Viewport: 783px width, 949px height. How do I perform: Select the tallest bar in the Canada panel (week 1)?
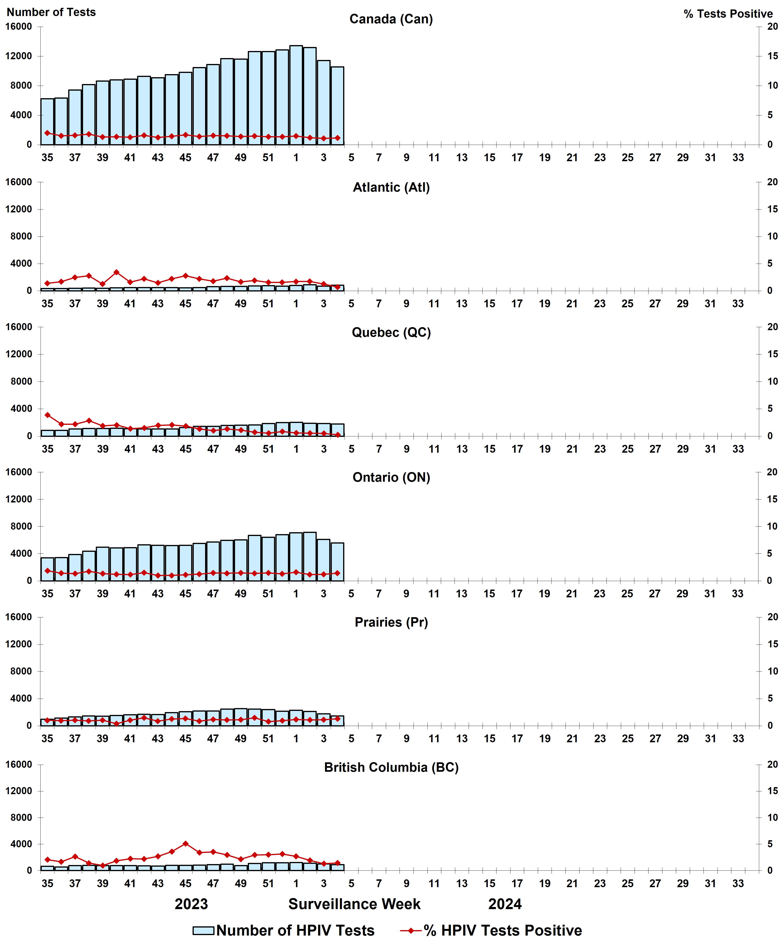[x=296, y=95]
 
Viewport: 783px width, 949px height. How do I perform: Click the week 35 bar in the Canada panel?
[x=47, y=122]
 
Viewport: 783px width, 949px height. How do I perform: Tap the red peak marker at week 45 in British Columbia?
[x=185, y=844]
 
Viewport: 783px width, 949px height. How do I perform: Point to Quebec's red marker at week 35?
[x=47, y=415]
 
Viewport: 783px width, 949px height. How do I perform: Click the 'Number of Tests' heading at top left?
[x=51, y=12]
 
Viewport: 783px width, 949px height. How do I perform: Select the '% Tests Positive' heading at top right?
[x=728, y=14]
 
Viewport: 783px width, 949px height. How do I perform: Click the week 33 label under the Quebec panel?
[x=738, y=449]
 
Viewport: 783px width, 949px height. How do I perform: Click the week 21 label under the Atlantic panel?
[x=572, y=304]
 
